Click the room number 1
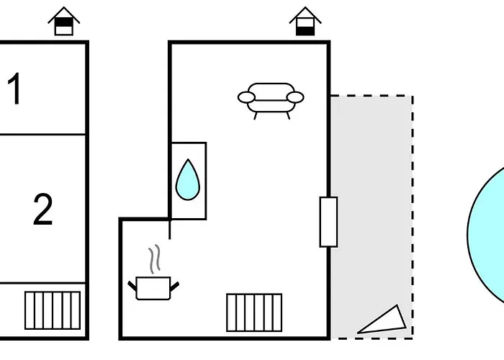tap(15, 89)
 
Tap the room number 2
tap(43, 209)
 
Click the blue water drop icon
tap(188, 180)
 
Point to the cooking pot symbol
tap(153, 288)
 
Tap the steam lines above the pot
tap(154, 258)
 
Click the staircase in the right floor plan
tap(254, 312)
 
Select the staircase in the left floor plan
tap(53, 310)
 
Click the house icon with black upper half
tap(63, 21)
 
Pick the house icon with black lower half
tap(305, 21)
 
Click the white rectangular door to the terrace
tap(328, 222)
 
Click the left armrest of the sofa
tap(246, 97)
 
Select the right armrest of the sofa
tap(295, 97)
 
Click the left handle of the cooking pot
tap(132, 286)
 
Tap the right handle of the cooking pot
tap(174, 287)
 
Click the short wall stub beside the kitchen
tap(170, 230)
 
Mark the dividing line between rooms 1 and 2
tap(42, 135)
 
